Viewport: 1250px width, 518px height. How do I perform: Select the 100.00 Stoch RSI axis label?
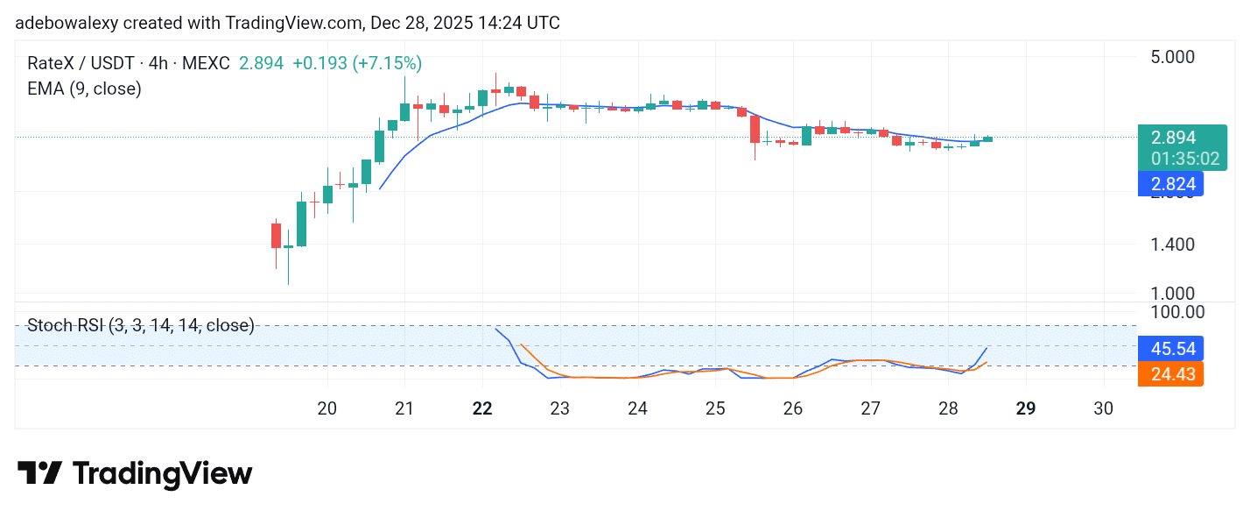[1176, 311]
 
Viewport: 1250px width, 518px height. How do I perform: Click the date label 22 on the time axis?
[482, 408]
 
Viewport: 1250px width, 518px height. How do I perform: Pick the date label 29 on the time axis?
[1026, 408]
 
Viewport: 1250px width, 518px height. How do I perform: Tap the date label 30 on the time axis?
[1104, 408]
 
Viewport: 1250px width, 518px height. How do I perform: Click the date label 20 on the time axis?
[327, 408]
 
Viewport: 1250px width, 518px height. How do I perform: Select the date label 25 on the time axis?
[715, 408]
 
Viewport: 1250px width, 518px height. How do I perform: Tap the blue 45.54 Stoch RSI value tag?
[1170, 348]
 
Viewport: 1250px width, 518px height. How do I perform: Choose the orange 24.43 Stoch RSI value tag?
[1170, 374]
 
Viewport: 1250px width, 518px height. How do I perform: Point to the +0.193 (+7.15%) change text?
[357, 63]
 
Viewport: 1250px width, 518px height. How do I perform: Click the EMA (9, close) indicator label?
[84, 89]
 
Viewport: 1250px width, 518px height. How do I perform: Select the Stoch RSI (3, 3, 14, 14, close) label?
[140, 326]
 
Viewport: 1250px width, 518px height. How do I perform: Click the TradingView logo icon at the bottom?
[39, 473]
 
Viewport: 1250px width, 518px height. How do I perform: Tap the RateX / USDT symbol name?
[81, 63]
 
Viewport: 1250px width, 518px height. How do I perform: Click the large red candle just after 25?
[755, 130]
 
